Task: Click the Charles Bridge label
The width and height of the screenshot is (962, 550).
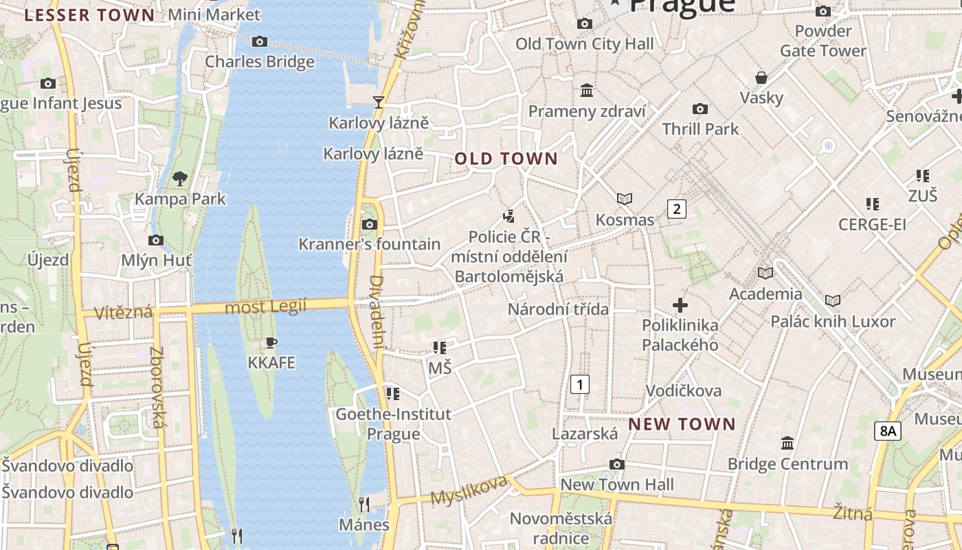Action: [x=260, y=61]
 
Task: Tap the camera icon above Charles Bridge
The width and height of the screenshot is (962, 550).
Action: [x=259, y=42]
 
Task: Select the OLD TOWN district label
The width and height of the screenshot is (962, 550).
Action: [x=506, y=159]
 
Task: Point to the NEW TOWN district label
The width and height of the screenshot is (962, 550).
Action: [x=682, y=423]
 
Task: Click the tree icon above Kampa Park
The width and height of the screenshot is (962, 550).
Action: [x=180, y=179]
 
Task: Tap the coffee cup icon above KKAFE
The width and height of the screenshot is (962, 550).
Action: [x=271, y=342]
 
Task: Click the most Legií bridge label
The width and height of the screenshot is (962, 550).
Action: [x=266, y=307]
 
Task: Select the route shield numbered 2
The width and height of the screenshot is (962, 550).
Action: [x=677, y=208]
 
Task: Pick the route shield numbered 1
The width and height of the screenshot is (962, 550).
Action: [x=580, y=384]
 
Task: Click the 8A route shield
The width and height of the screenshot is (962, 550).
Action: [x=887, y=431]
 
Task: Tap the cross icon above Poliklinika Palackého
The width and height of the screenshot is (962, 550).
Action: [x=680, y=305]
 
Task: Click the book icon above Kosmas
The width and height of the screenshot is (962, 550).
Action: [x=624, y=199]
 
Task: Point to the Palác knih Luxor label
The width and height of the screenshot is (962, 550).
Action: [x=833, y=321]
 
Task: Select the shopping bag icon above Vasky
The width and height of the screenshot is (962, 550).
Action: [x=761, y=77]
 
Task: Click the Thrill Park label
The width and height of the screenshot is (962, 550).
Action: [x=700, y=129]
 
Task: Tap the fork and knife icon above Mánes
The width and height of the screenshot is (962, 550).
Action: [x=364, y=505]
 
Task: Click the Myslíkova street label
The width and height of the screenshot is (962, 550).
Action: [x=469, y=489]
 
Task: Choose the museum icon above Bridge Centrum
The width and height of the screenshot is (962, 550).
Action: [x=787, y=443]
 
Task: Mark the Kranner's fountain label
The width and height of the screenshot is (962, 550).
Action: [x=369, y=244]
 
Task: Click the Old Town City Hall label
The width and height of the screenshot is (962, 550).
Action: [x=585, y=44]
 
